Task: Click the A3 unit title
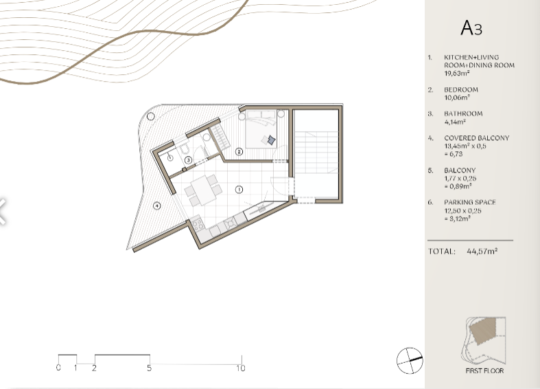tap(471, 27)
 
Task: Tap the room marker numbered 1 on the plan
tap(239, 189)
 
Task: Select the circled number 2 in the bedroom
tap(239, 151)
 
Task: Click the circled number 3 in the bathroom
tap(188, 160)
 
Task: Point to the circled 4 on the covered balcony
tap(156, 206)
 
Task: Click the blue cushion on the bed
tap(272, 140)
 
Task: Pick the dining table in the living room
tap(203, 190)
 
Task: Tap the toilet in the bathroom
tap(185, 149)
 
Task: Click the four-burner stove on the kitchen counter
tap(198, 225)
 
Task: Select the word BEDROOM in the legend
tap(461, 89)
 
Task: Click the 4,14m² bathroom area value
tap(455, 122)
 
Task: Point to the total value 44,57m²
tap(482, 251)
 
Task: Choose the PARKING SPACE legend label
tap(470, 203)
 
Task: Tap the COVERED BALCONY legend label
tap(477, 138)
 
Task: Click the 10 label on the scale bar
tap(241, 368)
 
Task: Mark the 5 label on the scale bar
tap(149, 368)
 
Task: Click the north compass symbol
tap(410, 361)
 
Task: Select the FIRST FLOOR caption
tap(484, 371)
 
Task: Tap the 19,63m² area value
tap(457, 73)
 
